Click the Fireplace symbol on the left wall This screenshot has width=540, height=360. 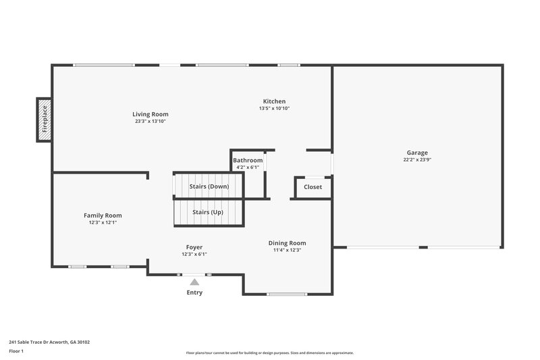coord(45,120)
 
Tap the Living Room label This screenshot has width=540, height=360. coord(151,114)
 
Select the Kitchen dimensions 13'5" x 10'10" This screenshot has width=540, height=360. coord(274,109)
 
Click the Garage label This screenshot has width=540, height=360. coord(416,153)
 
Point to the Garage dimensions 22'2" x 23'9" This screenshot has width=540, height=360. coord(416,160)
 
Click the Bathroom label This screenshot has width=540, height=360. coord(248,160)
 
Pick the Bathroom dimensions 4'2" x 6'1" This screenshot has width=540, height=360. coord(248,167)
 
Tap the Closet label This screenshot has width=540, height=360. coord(313,187)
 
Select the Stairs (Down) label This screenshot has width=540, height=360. coord(209,186)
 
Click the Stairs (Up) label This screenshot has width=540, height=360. coord(208,212)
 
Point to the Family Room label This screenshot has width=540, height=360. coord(103,215)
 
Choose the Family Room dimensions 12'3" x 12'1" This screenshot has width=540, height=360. coord(103,222)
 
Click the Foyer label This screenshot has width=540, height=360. coord(194,247)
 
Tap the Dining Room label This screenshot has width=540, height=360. coord(288,243)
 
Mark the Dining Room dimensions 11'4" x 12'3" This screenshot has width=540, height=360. coord(288,250)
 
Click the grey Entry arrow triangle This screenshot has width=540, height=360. coord(194,282)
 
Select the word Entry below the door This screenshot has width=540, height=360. coord(194,292)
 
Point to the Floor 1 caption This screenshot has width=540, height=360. coord(17,352)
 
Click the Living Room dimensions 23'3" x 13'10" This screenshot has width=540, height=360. coord(151,121)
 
